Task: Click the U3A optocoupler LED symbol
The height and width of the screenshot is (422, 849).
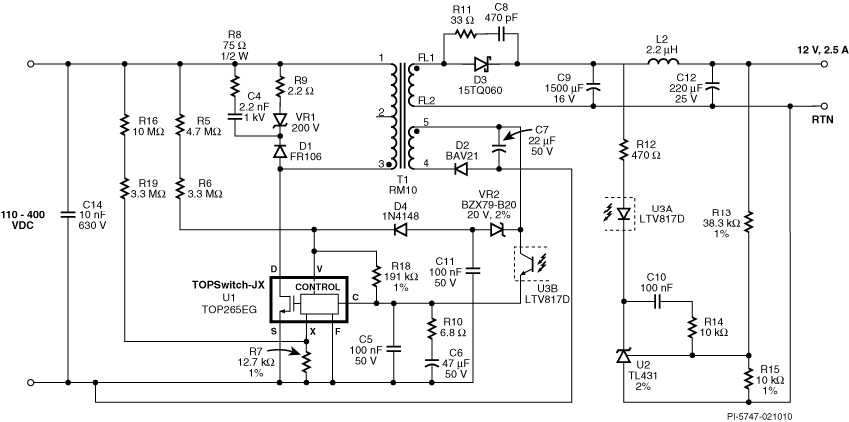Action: pyautogui.click(x=625, y=212)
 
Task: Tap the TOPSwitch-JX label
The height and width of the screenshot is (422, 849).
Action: pyautogui.click(x=229, y=284)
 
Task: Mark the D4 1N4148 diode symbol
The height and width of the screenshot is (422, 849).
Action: pyautogui.click(x=402, y=229)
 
